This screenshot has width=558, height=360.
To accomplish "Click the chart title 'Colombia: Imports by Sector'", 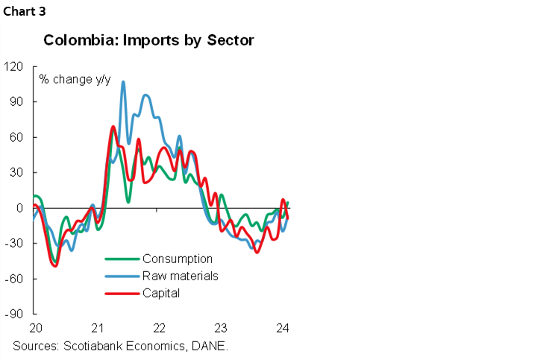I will tap(149, 40).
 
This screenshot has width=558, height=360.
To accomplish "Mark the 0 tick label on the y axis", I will tap(21, 208).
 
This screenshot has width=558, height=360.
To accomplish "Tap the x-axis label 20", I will tap(34, 328).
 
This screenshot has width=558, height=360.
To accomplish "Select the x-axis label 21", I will tap(96, 328).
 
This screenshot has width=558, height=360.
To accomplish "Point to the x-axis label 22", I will tap(158, 328).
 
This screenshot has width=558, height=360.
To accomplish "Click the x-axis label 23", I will tap(221, 328).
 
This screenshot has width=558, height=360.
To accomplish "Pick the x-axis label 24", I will tap(283, 328).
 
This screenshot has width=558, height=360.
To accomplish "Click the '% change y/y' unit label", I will tap(73, 78).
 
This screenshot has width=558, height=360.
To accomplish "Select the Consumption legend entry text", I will tap(178, 259).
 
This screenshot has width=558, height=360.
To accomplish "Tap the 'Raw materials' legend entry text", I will tap(180, 276).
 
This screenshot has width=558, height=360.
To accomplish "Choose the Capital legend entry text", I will tap(161, 293).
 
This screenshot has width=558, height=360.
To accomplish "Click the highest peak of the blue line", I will tap(123, 82).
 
